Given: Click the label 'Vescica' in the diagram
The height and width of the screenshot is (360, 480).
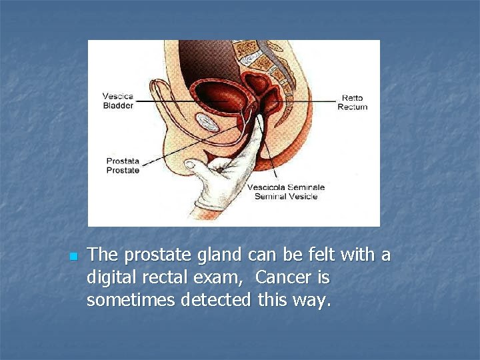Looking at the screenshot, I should tap(118, 96).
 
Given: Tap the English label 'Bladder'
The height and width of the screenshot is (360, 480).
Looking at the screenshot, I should tap(118, 105).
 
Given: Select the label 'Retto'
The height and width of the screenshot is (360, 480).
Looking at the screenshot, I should tap(353, 97).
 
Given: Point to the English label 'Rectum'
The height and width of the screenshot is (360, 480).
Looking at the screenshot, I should tap(353, 107).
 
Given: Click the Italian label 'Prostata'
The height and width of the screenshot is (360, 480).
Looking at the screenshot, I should tap(123, 161).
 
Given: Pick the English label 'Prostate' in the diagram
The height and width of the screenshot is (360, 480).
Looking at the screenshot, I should tap(123, 170).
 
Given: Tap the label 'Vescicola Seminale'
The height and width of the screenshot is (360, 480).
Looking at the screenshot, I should tap(286, 187).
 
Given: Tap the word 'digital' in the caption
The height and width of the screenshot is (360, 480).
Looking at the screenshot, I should tap(109, 277).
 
